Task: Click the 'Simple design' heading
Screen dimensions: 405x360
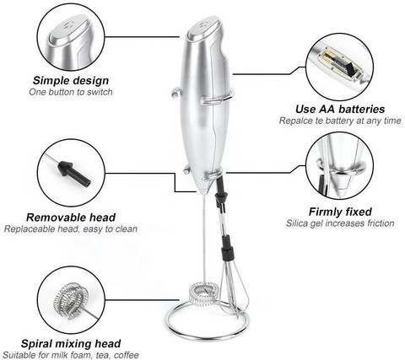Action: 71,80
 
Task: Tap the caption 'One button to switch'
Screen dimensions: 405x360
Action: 71,92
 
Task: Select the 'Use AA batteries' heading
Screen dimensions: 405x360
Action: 340,109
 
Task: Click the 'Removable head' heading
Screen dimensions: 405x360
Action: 71,218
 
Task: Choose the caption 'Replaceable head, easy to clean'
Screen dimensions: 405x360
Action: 71,228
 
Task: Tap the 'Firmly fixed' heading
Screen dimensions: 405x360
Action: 340,212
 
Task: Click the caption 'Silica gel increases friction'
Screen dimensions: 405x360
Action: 340,223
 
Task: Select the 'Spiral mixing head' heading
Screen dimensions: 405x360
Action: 71,343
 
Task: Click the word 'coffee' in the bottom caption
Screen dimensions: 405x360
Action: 126,355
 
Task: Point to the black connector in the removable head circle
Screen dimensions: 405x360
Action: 74,174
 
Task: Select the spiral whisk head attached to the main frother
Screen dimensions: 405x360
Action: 204,293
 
